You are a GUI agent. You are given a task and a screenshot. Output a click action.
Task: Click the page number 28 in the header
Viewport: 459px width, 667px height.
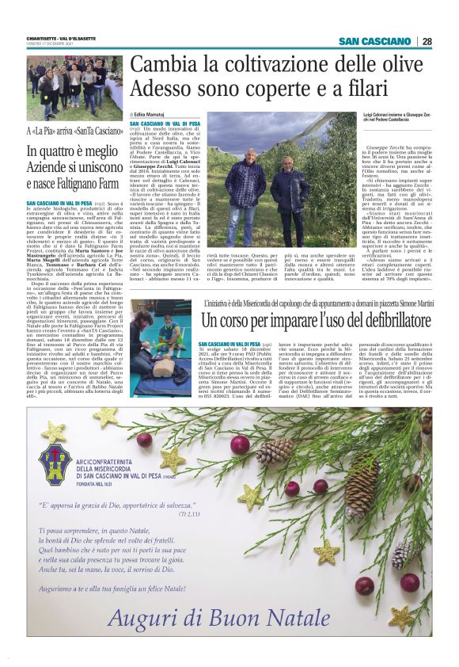[x=427, y=41]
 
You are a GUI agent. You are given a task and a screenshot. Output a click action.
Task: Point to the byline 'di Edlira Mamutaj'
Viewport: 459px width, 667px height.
[x=149, y=116]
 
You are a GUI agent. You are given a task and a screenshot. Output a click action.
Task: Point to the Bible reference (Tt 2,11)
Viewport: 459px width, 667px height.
[x=189, y=514]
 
